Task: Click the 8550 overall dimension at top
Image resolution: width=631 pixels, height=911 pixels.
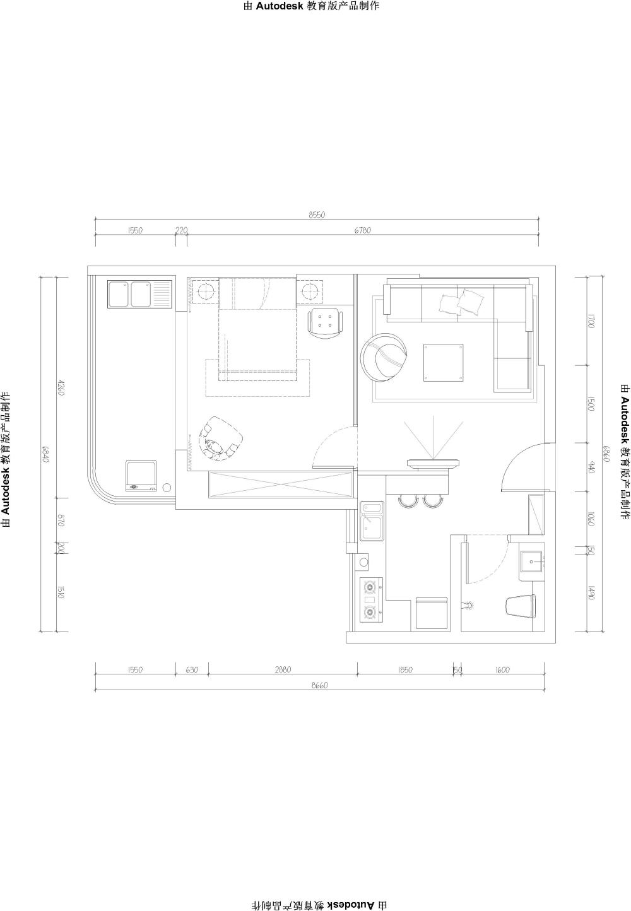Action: [x=317, y=215]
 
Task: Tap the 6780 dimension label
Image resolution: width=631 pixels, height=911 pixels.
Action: [x=362, y=230]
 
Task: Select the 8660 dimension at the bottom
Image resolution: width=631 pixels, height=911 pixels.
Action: [x=320, y=685]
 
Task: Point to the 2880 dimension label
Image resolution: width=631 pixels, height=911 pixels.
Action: [x=283, y=669]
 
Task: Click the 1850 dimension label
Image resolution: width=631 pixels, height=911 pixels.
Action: [x=405, y=669]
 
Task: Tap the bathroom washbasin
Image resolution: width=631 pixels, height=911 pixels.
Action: [x=532, y=561]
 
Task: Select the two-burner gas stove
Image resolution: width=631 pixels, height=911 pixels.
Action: [x=372, y=600]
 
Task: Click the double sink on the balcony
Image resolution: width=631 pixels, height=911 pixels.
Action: [x=140, y=293]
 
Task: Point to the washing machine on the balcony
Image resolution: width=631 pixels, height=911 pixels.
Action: [x=141, y=476]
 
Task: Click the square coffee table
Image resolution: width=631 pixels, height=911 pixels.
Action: [x=444, y=362]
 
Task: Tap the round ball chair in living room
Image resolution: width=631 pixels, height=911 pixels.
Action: [x=385, y=357]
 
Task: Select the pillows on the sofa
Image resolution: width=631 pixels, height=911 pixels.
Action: [x=462, y=302]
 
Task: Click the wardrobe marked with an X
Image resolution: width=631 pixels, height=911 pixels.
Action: [x=281, y=485]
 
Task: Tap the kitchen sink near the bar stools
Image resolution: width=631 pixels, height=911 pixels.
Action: [x=372, y=521]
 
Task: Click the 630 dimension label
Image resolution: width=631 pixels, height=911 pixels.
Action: [x=192, y=669]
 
